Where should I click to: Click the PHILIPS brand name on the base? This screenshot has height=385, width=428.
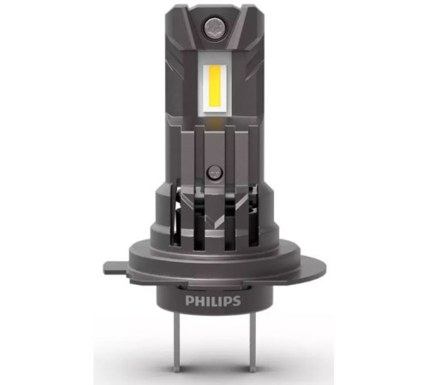tap(213, 301)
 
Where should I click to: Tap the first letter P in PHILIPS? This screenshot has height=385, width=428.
tap(189, 301)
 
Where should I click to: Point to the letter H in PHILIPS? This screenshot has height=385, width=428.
tap(199, 301)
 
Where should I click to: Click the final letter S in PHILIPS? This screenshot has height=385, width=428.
tap(236, 301)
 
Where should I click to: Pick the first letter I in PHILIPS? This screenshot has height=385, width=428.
tap(206, 301)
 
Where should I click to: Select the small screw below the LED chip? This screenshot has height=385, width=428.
tap(215, 173)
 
